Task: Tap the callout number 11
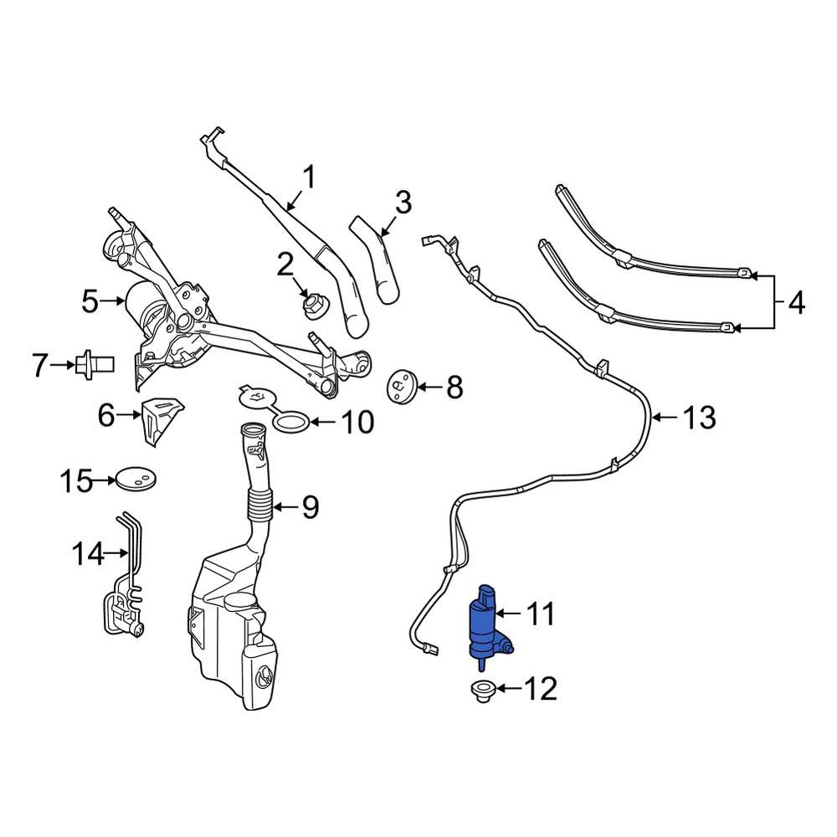pos(539,615)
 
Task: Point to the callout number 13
pos(699,417)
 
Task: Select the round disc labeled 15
pos(134,480)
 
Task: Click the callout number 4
pos(796,302)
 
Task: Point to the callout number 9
pos(310,507)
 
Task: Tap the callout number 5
pos(90,301)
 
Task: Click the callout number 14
pos(90,553)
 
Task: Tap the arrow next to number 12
pos(508,690)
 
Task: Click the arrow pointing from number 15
pos(105,480)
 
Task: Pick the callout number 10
pos(357,423)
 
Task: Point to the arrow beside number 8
pos(426,387)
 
